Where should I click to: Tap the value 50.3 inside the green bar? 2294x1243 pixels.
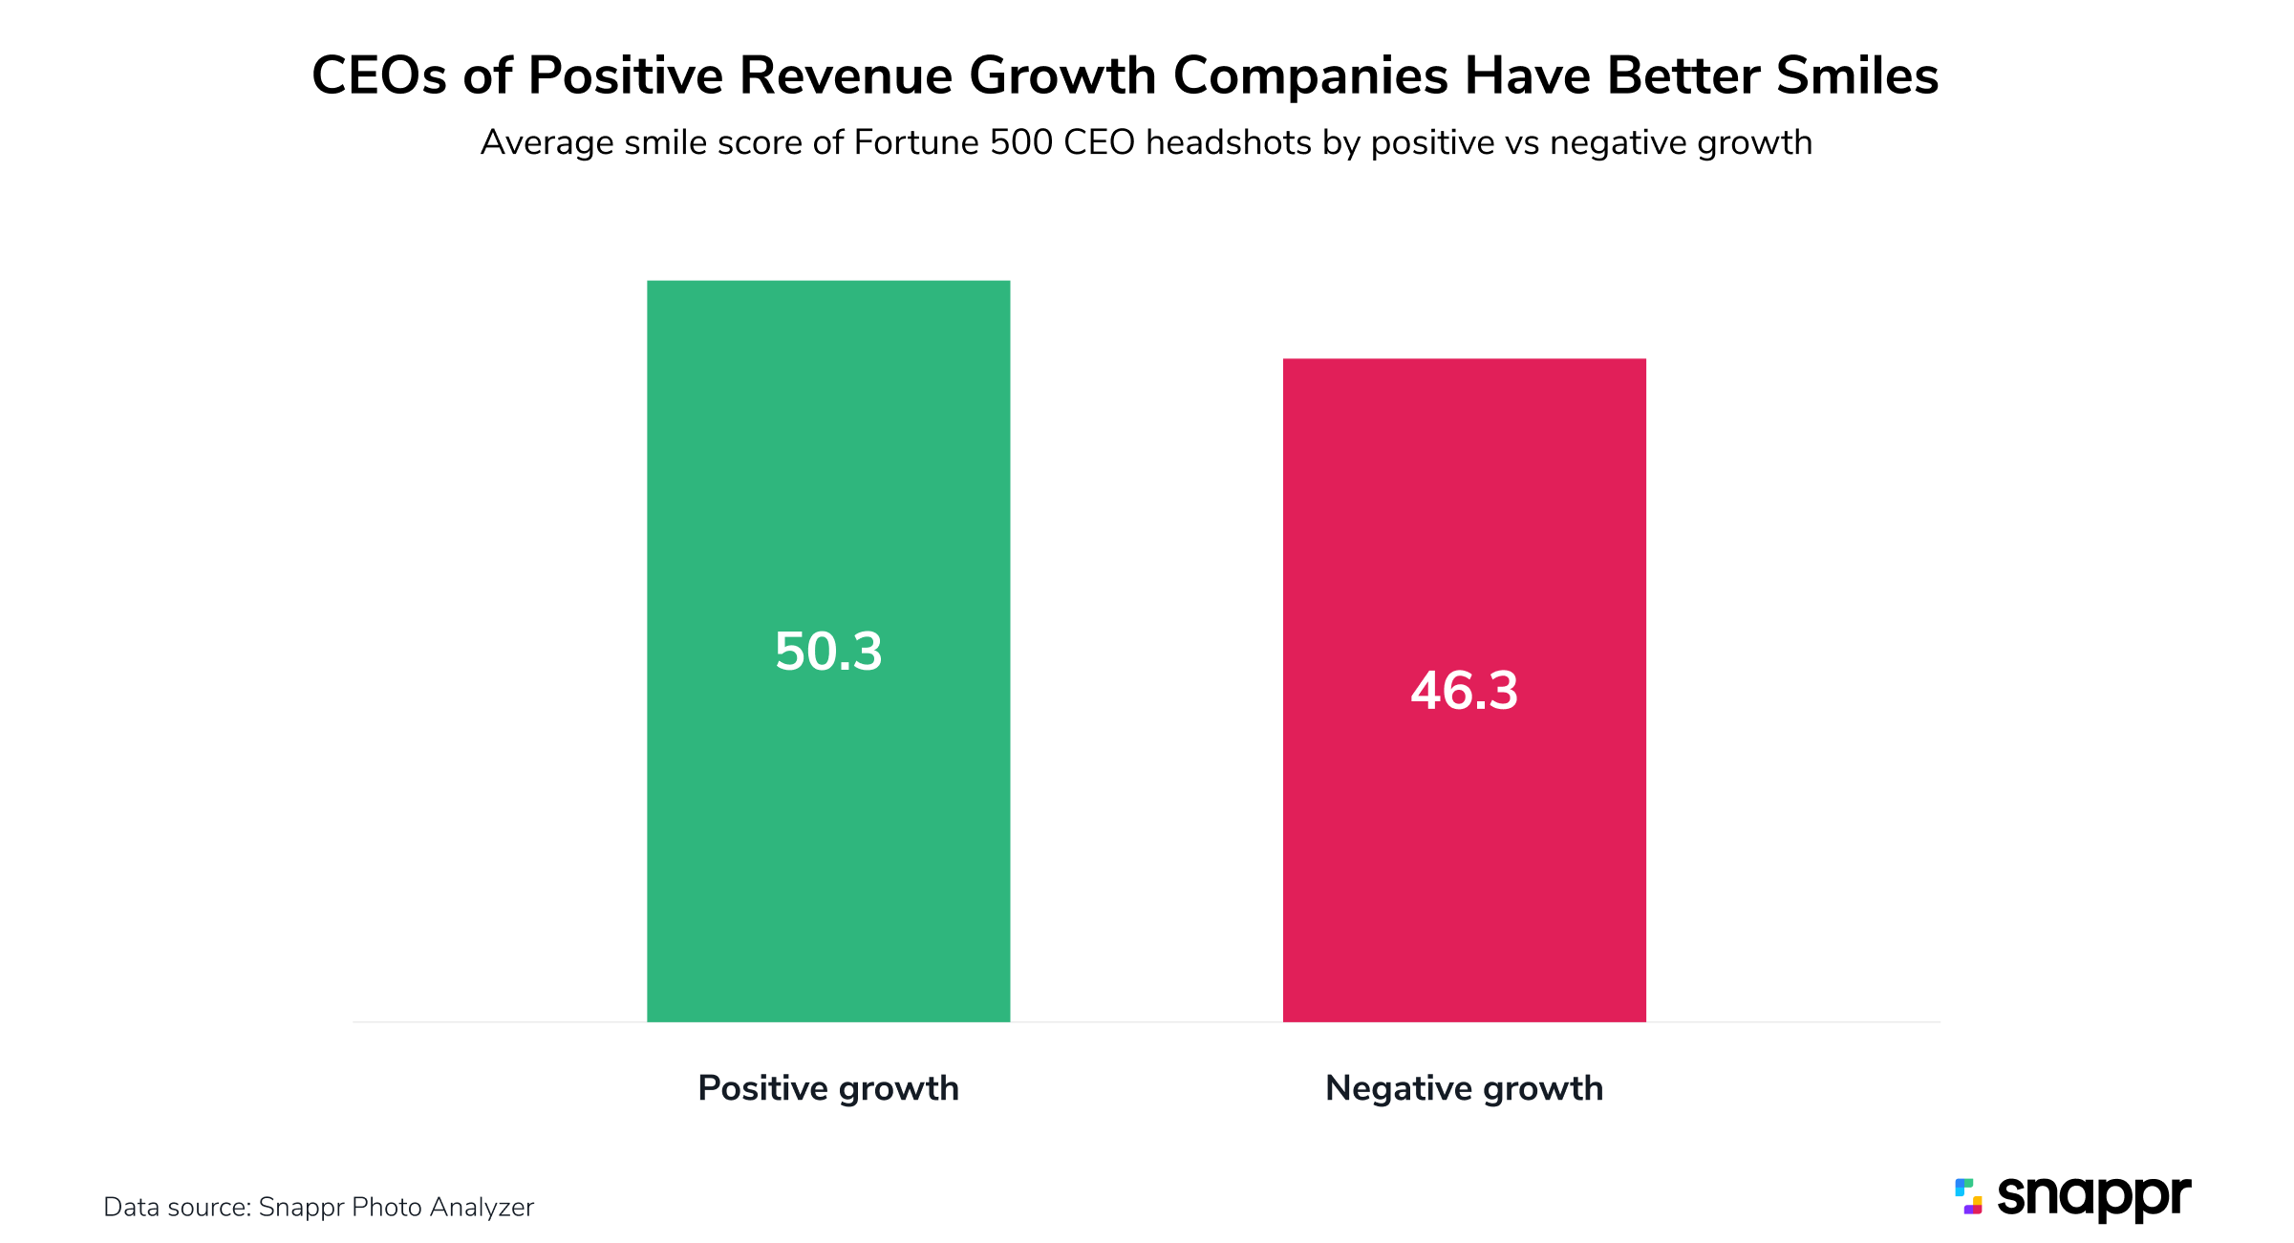(828, 652)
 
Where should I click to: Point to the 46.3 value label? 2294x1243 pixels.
(1464, 691)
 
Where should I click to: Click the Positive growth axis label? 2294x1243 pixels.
(828, 1088)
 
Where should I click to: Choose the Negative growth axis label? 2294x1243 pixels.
(1464, 1088)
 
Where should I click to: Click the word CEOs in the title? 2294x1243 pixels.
(379, 75)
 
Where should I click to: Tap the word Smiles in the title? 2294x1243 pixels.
(1857, 75)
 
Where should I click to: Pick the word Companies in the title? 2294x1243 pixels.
(1310, 75)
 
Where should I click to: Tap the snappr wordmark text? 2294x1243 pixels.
(2093, 1197)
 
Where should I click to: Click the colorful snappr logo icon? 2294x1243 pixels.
(1968, 1196)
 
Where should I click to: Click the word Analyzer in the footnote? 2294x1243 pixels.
(482, 1208)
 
